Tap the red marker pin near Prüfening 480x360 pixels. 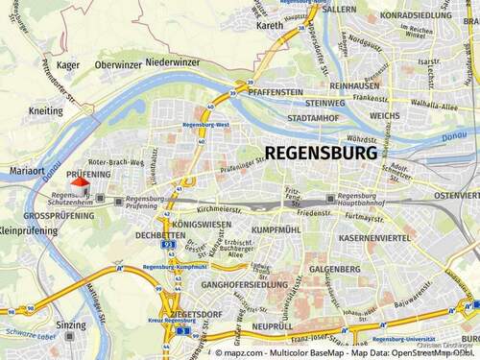click(79, 181)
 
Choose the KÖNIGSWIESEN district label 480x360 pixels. click(204, 225)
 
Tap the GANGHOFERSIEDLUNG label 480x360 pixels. click(241, 285)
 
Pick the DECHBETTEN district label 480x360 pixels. click(160, 234)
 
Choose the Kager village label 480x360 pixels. click(68, 64)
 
